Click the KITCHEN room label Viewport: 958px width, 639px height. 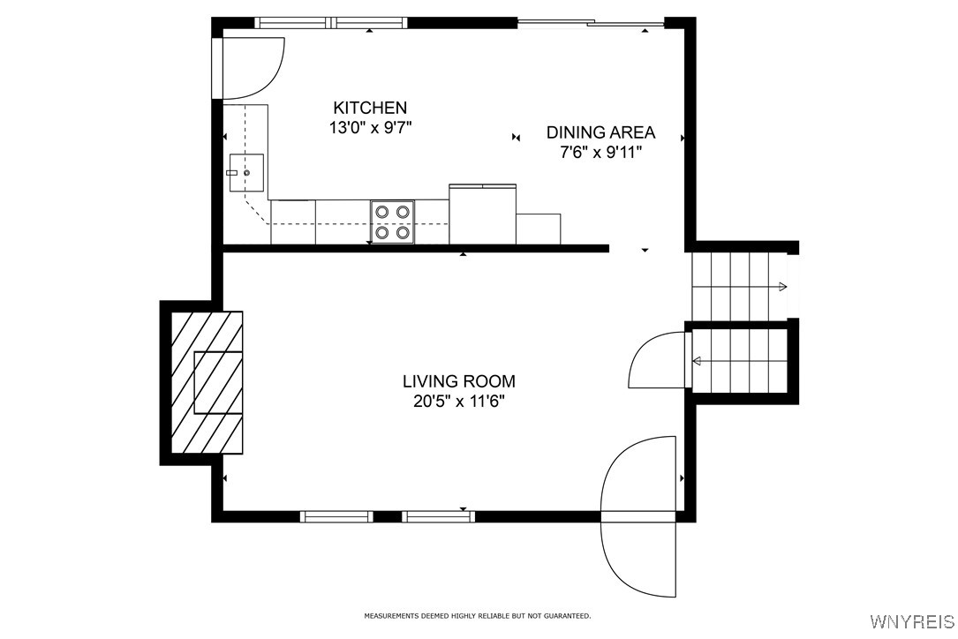pyautogui.click(x=370, y=108)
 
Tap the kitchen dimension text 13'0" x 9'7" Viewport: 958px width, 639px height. pyautogui.click(x=370, y=127)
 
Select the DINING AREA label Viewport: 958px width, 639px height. pyautogui.click(x=600, y=132)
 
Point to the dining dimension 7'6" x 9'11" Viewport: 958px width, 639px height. pyautogui.click(x=600, y=152)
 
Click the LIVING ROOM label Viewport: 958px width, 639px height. pyautogui.click(x=458, y=381)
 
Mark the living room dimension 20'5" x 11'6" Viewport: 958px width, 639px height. pyautogui.click(x=458, y=402)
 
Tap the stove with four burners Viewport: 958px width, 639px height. pyautogui.click(x=392, y=222)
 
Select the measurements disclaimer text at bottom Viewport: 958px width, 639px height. pyautogui.click(x=478, y=615)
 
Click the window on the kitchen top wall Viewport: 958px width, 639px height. pyautogui.click(x=331, y=23)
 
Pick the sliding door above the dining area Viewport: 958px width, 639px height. pyautogui.click(x=590, y=23)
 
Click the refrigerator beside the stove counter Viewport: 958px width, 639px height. pyautogui.click(x=482, y=214)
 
